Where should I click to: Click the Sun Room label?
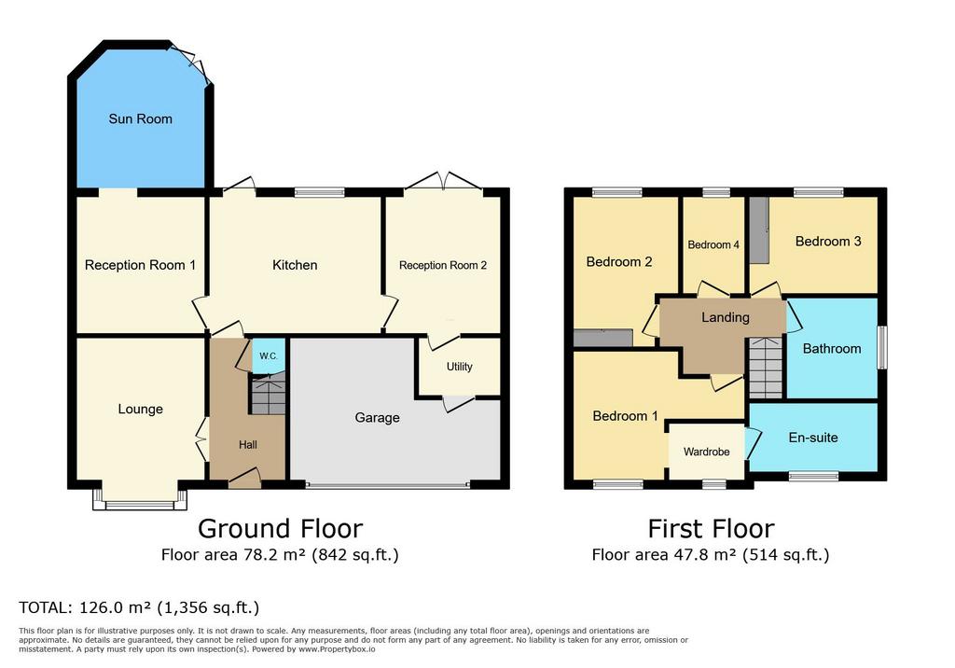click(140, 118)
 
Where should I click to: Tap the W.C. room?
click(268, 356)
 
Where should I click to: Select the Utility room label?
click(459, 367)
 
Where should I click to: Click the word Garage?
click(377, 418)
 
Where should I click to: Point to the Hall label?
click(248, 445)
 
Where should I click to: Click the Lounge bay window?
click(140, 500)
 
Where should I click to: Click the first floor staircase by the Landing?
click(765, 368)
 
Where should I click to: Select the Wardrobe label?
click(707, 452)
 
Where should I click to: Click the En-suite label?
click(813, 438)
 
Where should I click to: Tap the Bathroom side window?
click(881, 347)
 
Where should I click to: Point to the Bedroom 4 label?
click(713, 245)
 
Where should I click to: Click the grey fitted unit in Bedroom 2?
click(603, 339)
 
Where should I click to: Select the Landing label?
click(726, 317)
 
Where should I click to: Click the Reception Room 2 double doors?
click(443, 182)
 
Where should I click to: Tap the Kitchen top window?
click(320, 192)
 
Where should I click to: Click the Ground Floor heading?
click(280, 528)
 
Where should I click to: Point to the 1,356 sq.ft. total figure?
click(208, 607)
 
